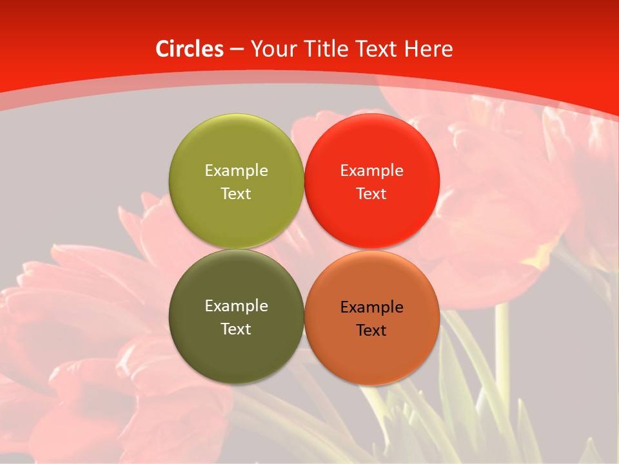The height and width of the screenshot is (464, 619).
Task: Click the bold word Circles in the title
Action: tap(189, 49)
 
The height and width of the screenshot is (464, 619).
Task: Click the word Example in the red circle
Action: tap(371, 171)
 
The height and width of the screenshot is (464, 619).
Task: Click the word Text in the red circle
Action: tap(371, 194)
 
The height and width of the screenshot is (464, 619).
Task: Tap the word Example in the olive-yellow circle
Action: tap(236, 171)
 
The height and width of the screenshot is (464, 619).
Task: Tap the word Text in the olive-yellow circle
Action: tap(236, 194)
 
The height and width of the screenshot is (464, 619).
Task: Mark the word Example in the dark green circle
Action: tap(236, 306)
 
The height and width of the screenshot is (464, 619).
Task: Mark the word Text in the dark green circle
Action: tap(236, 329)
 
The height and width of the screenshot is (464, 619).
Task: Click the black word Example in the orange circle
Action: tap(371, 307)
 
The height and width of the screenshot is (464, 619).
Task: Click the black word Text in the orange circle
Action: tap(371, 331)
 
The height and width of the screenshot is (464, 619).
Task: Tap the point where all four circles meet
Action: tap(304, 249)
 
